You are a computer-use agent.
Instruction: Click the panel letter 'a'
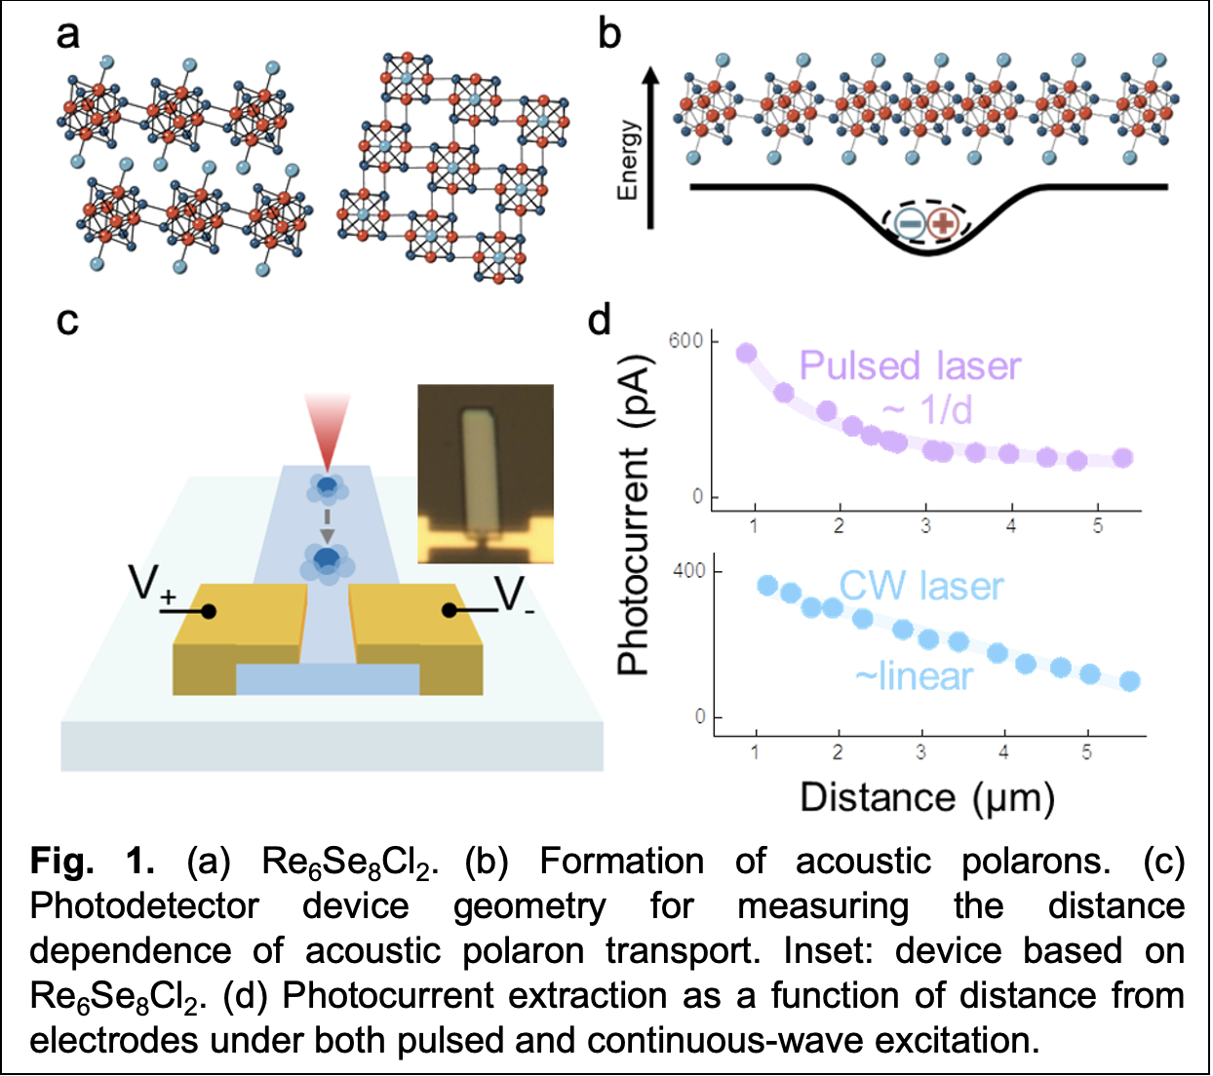point(67,35)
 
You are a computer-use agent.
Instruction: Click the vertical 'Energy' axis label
point(629,161)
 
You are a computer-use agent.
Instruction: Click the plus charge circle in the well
point(943,224)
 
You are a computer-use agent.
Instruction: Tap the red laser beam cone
point(327,432)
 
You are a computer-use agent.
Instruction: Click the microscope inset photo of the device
point(486,474)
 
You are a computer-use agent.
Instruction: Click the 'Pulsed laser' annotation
point(910,365)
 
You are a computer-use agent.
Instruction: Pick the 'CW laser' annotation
point(921,586)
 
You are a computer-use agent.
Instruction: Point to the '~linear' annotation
point(914,676)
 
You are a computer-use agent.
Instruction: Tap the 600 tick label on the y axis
point(685,340)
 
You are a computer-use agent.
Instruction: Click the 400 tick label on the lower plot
point(689,571)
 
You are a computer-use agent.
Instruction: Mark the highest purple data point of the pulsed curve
point(747,353)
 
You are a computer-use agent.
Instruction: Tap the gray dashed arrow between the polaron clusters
point(327,524)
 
